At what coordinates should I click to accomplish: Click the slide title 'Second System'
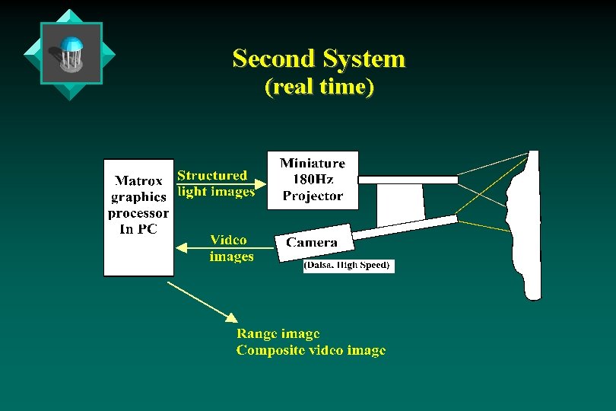point(319,59)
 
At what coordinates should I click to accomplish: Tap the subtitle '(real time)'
point(319,87)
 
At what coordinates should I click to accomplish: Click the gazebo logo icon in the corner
point(71,53)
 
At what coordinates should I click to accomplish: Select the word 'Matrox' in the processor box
point(138,181)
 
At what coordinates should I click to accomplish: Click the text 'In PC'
point(138,229)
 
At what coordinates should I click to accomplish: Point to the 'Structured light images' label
point(215,183)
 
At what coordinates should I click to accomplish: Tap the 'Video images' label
point(231,248)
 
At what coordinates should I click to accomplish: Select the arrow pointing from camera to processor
point(224,247)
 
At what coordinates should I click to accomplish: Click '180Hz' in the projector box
point(313,180)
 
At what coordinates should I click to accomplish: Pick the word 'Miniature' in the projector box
point(313,164)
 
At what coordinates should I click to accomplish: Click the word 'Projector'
point(313,196)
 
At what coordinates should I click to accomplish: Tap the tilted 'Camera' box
point(314,243)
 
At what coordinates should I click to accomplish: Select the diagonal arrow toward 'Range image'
point(202,301)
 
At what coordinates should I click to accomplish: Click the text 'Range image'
point(278,333)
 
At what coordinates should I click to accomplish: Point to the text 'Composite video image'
point(310,350)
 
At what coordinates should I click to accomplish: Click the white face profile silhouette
point(530,228)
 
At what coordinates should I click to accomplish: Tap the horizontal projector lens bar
point(408,180)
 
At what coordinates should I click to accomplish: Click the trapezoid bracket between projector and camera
point(400,204)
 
